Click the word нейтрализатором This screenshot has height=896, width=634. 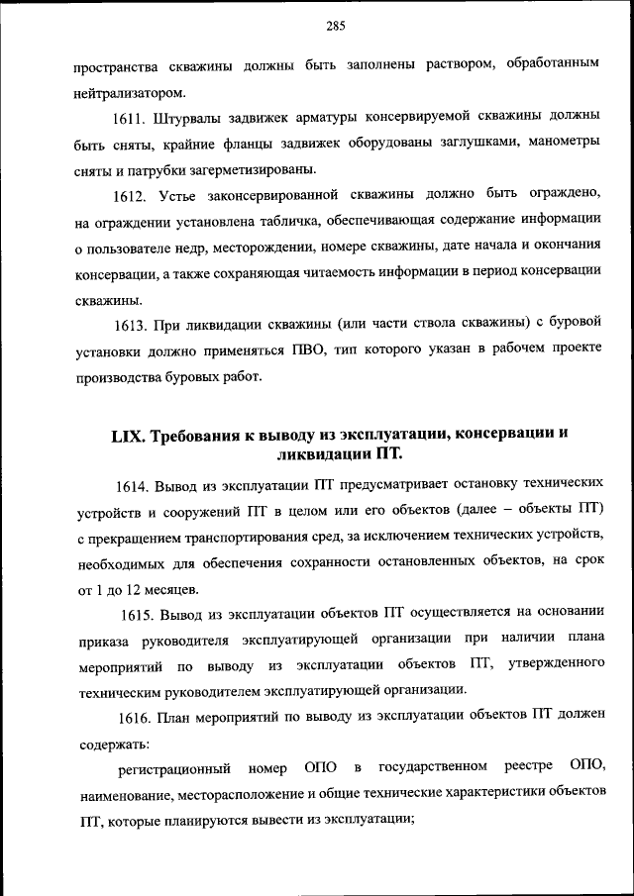click(128, 94)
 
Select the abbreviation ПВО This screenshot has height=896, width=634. click(309, 350)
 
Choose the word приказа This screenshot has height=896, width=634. click(102, 639)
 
